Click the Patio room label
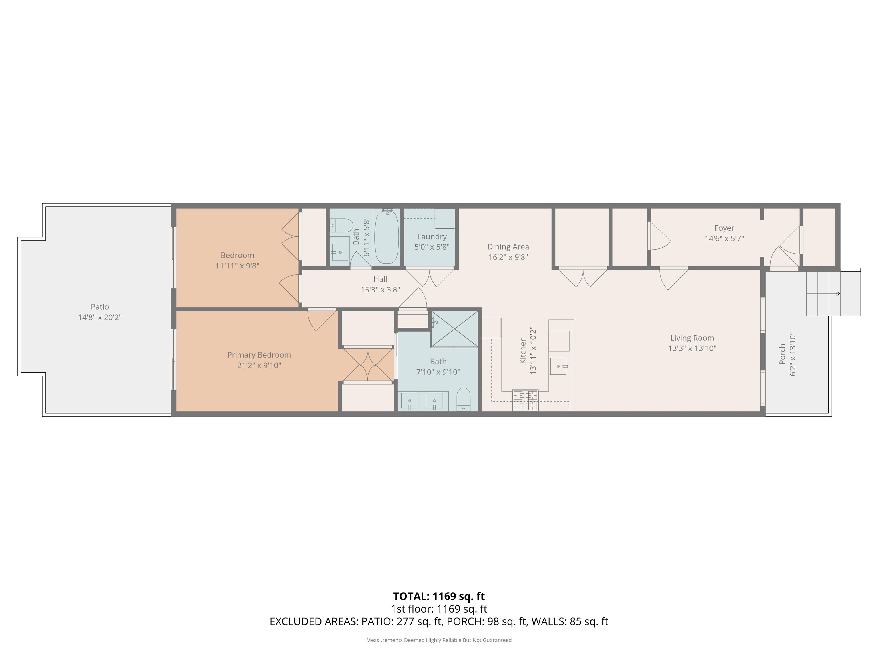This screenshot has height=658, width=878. point(100,307)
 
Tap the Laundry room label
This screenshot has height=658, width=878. point(432,237)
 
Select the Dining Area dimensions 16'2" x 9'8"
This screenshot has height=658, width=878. point(508,257)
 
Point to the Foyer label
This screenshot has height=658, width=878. point(724,228)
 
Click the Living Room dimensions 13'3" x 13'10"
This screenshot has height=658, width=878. point(692,348)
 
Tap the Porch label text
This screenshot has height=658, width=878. point(782,354)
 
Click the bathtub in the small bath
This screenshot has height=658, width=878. point(387,237)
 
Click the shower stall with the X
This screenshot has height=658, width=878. point(454,329)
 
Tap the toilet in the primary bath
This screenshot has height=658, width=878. point(463,400)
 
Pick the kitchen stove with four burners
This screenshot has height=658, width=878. point(526,400)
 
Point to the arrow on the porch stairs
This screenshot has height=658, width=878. point(823,294)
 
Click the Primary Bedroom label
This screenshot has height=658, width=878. point(259,355)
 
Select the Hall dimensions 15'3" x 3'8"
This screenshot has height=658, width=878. point(380,290)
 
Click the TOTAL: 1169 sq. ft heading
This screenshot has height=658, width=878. point(439,596)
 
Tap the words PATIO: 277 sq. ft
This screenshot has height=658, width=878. point(401,621)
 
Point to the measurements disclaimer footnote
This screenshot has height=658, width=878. point(439,640)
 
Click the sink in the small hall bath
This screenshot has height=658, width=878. point(340,252)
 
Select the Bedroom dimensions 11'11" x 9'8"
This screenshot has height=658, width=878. point(237,266)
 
